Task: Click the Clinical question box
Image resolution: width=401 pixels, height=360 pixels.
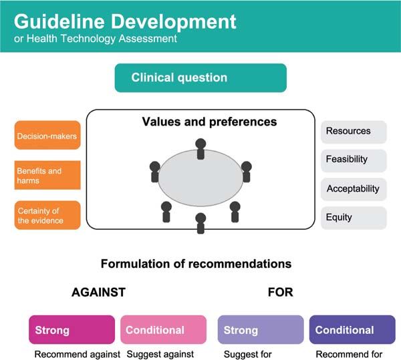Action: point(200,77)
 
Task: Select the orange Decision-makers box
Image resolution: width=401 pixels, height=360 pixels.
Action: point(47,135)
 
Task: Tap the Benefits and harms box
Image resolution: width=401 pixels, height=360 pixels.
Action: point(47,175)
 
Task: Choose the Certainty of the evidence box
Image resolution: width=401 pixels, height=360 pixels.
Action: point(47,215)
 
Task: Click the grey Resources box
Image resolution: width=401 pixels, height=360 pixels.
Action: point(354,132)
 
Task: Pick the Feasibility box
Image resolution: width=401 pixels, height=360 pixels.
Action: point(354,160)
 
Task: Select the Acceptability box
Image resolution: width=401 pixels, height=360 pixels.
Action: point(354,189)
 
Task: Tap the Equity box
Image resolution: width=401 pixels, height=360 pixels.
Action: point(354,218)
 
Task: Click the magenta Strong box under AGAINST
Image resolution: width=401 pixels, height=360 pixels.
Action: point(72,329)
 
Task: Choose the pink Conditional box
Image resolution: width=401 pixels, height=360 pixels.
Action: point(164,329)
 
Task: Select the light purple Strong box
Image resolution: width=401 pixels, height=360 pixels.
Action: point(261,329)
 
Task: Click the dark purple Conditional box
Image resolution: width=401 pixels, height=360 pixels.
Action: point(352,329)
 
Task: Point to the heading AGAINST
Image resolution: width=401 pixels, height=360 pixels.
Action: point(98,293)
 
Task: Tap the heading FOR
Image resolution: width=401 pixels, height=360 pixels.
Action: point(281,293)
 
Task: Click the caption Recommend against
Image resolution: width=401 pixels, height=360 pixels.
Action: point(78,355)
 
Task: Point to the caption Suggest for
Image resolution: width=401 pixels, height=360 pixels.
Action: point(247,355)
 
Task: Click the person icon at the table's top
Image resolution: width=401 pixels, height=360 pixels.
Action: point(200,149)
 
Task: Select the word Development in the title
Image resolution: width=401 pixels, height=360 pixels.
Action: point(173,22)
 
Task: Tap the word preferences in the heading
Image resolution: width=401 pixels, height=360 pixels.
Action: point(243,122)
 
